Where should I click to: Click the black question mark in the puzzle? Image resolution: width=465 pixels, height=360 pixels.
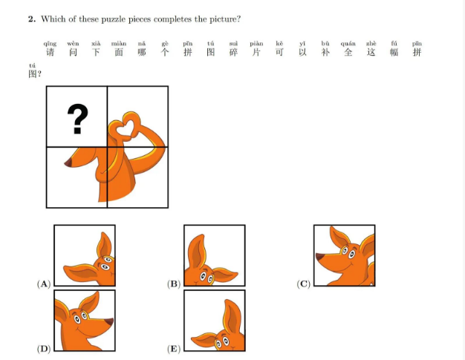pyautogui.click(x=78, y=119)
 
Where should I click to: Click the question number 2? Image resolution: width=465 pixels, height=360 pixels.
pyautogui.click(x=32, y=19)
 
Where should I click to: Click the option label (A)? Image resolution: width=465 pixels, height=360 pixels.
pyautogui.click(x=44, y=284)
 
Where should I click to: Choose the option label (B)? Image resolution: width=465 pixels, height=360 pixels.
pyautogui.click(x=174, y=284)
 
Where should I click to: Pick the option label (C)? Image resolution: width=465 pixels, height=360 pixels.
pyautogui.click(x=303, y=284)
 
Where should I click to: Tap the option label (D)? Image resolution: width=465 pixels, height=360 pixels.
pyautogui.click(x=44, y=349)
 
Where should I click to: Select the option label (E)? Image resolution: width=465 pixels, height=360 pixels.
pyautogui.click(x=174, y=349)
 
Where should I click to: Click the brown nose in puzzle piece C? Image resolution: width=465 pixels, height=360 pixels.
pyautogui.click(x=320, y=257)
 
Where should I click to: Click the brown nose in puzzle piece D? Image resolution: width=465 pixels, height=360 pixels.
pyautogui.click(x=109, y=322)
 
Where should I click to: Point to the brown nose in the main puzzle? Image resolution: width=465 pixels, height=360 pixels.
pyautogui.click(x=68, y=163)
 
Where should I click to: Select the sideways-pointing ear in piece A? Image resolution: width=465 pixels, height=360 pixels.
pyautogui.click(x=81, y=272)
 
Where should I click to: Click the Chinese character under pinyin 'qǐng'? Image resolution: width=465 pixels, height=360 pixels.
pyautogui.click(x=50, y=52)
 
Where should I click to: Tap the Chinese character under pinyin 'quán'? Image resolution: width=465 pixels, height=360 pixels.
pyautogui.click(x=348, y=52)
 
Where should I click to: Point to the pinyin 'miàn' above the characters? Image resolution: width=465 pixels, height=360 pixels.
pyautogui.click(x=119, y=44)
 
